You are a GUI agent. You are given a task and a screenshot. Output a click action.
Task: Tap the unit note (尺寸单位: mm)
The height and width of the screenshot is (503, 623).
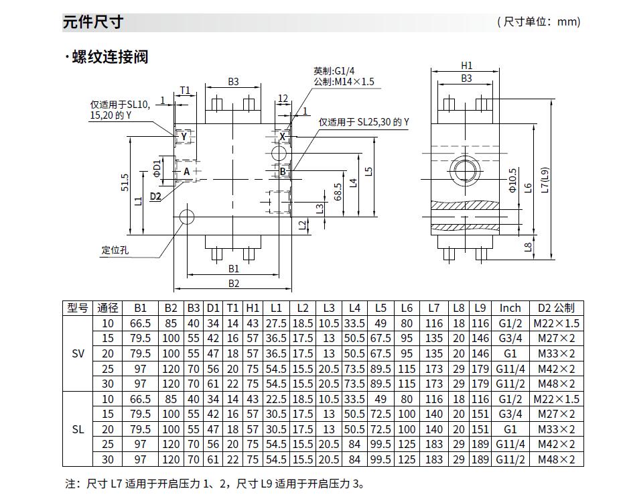click(x=539, y=22)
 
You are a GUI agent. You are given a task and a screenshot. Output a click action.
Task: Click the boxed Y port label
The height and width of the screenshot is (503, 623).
click(x=184, y=137)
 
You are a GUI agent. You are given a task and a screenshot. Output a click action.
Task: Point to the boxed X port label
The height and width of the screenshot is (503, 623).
click(x=283, y=137)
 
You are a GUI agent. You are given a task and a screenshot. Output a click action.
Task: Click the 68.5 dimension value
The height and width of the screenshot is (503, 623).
click(x=338, y=192)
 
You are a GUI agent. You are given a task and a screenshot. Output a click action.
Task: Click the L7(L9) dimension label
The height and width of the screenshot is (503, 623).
click(x=546, y=180)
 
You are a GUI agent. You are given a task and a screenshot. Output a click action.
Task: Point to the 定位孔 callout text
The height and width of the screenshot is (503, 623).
click(x=115, y=250)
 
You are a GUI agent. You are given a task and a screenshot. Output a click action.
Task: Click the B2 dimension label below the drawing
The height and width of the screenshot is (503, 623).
click(x=233, y=284)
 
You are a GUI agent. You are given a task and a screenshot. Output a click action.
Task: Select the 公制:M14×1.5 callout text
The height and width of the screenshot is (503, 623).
click(x=344, y=82)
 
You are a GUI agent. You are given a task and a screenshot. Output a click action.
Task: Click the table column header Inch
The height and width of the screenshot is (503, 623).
click(x=510, y=309)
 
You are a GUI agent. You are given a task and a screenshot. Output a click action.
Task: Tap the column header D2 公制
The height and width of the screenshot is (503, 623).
click(x=555, y=309)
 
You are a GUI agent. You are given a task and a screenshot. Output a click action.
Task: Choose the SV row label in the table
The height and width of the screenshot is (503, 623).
click(x=78, y=354)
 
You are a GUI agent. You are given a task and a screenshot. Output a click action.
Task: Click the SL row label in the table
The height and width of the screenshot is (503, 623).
click(x=78, y=429)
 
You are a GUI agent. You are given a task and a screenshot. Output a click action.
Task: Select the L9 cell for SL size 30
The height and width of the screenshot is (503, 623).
click(x=479, y=459)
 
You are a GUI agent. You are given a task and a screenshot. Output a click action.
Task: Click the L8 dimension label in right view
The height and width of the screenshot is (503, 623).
click(x=528, y=247)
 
